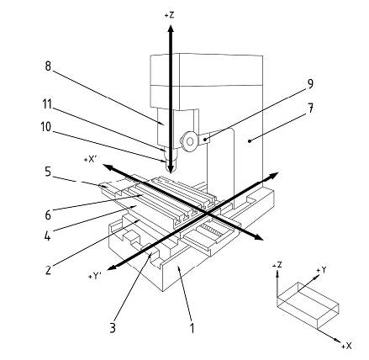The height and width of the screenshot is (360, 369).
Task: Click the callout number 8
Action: (48, 66)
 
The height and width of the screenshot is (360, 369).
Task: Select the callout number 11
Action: (47, 104)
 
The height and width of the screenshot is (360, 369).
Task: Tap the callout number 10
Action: (46, 127)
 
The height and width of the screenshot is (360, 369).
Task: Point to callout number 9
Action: (310, 84)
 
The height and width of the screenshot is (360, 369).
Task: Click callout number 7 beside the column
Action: (310, 109)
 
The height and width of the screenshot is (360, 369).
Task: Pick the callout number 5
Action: (48, 172)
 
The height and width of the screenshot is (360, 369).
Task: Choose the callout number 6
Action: (48, 215)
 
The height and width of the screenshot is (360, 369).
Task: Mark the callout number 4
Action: (48, 236)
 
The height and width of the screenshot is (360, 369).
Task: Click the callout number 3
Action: (113, 327)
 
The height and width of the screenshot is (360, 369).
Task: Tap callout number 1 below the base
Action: (192, 327)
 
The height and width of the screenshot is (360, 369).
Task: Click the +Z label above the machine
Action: (170, 15)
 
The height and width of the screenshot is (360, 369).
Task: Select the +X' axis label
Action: (90, 160)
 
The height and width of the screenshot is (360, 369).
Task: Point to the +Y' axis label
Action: (95, 276)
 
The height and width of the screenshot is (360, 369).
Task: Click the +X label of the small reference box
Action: (346, 346)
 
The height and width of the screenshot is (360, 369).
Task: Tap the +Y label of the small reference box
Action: (321, 270)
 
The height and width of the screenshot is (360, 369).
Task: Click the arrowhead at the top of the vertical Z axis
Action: (171, 29)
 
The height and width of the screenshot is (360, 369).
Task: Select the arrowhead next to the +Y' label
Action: (112, 267)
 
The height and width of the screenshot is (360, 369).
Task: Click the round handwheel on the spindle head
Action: (189, 141)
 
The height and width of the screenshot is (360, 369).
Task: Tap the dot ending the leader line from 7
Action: (249, 141)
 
